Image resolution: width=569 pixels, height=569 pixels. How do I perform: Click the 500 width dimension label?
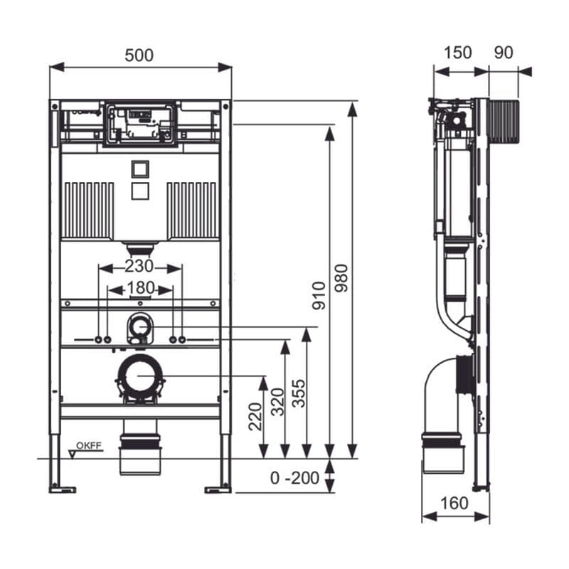tap(139, 55)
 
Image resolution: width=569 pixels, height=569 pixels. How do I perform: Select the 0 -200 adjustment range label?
tap(295, 478)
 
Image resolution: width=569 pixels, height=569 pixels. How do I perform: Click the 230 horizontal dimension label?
tap(139, 267)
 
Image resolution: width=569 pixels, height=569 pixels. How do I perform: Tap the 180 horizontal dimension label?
tap(139, 289)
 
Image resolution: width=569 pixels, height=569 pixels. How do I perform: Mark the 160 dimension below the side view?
tap(454, 504)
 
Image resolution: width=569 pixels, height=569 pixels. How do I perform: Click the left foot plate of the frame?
tap(63, 488)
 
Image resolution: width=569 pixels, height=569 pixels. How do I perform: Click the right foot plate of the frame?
tap(218, 488)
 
